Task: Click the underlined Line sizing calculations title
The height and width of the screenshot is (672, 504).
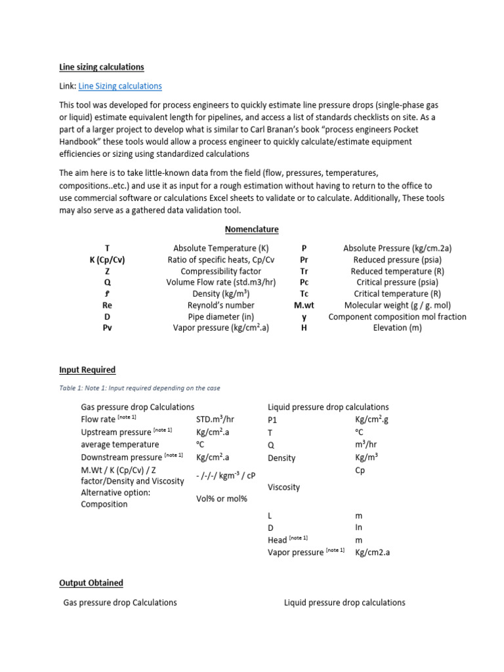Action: pyautogui.click(x=102, y=67)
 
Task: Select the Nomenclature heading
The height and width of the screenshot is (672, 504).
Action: pyautogui.click(x=251, y=229)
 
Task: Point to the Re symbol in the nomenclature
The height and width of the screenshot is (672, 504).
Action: pyautogui.click(x=107, y=305)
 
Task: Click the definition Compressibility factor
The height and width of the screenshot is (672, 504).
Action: pyautogui.click(x=220, y=271)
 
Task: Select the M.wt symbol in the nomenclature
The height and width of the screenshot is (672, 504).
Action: pyautogui.click(x=304, y=305)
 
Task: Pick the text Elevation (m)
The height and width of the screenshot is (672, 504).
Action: pyautogui.click(x=397, y=327)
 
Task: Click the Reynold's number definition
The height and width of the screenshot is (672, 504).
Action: pyautogui.click(x=220, y=305)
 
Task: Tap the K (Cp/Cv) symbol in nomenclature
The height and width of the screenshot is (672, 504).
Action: pyautogui.click(x=107, y=260)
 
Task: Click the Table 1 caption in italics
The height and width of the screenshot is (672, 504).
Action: pyautogui.click(x=139, y=388)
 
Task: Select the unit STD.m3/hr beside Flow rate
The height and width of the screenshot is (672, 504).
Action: pyautogui.click(x=219, y=419)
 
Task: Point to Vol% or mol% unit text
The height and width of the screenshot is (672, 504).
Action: pyautogui.click(x=221, y=499)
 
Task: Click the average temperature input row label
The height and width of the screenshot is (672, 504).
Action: pyautogui.click(x=119, y=444)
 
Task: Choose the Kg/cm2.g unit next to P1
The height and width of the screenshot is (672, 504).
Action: pyautogui.click(x=375, y=419)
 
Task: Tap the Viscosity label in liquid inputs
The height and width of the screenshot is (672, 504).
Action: pyautogui.click(x=283, y=487)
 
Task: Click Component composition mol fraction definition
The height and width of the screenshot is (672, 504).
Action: pyautogui.click(x=397, y=316)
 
